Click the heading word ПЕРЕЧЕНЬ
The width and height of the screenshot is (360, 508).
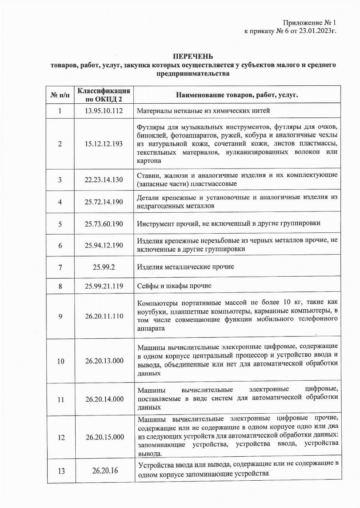193,57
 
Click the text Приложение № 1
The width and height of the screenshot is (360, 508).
309,23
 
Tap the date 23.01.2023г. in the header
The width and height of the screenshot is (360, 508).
317,31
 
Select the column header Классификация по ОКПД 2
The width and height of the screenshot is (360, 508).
104,95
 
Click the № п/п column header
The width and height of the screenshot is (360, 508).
60,95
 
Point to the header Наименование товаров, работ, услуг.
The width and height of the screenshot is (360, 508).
237,95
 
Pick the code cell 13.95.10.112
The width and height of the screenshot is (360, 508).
104,111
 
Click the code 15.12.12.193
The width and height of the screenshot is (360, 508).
104,144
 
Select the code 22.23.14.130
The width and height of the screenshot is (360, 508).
104,180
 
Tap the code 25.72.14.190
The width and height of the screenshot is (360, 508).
104,202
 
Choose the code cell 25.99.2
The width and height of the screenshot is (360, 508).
104,267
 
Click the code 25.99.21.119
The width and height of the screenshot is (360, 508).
104,286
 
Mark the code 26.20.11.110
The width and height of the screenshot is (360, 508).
104,316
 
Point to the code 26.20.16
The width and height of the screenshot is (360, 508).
105,471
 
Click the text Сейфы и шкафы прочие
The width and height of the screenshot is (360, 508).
174,286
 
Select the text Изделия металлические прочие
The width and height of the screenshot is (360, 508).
185,267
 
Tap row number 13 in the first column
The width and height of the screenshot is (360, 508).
61,471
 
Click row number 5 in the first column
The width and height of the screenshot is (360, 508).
60,224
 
